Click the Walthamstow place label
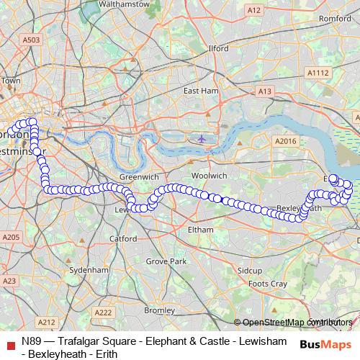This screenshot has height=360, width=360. pos(125,4)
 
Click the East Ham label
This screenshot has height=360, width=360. pos(200,91)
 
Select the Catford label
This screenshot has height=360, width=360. pos(123,238)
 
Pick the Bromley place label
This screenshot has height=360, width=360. pos(155,310)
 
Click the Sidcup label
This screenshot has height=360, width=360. pos(250,270)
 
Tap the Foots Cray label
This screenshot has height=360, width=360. pos(264,284)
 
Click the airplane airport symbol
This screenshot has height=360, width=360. pos(202,138)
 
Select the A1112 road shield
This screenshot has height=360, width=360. pos(317,73)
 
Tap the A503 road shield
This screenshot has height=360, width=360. pos(31,40)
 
